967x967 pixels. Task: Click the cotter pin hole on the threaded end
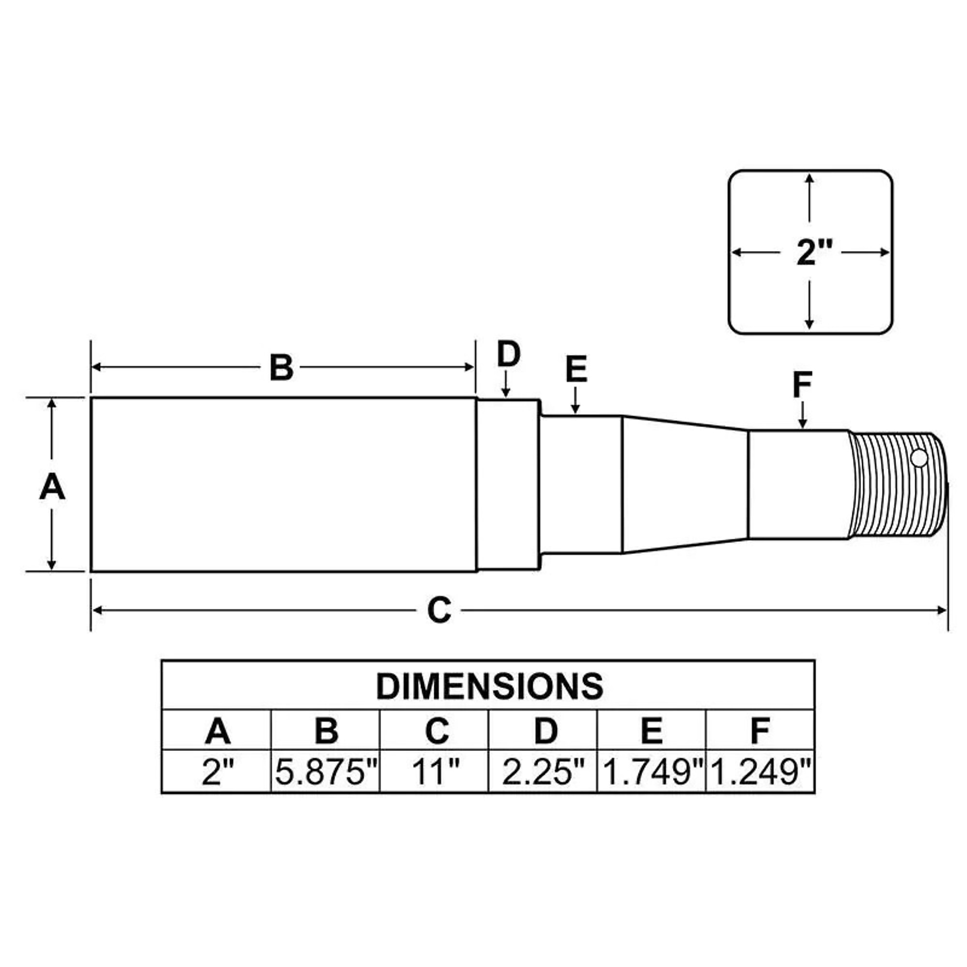919,457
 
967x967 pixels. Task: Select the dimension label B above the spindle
281,367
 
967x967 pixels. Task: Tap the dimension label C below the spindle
439,610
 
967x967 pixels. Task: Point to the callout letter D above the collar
509,354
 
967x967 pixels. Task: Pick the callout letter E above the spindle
576,370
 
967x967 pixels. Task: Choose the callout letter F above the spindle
802,385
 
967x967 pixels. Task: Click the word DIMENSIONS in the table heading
489,686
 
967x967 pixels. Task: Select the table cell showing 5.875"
325,771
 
